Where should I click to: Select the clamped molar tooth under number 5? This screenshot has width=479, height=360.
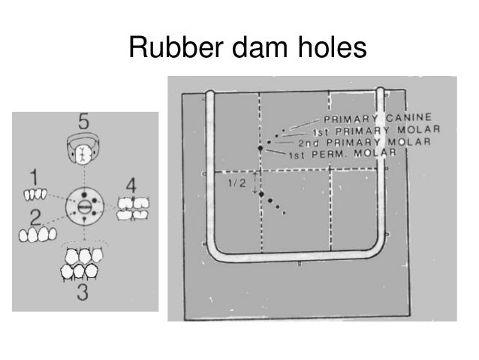(83, 151)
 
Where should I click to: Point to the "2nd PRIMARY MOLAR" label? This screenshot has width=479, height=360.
(363, 142)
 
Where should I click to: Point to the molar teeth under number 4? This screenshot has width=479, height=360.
(134, 208)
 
